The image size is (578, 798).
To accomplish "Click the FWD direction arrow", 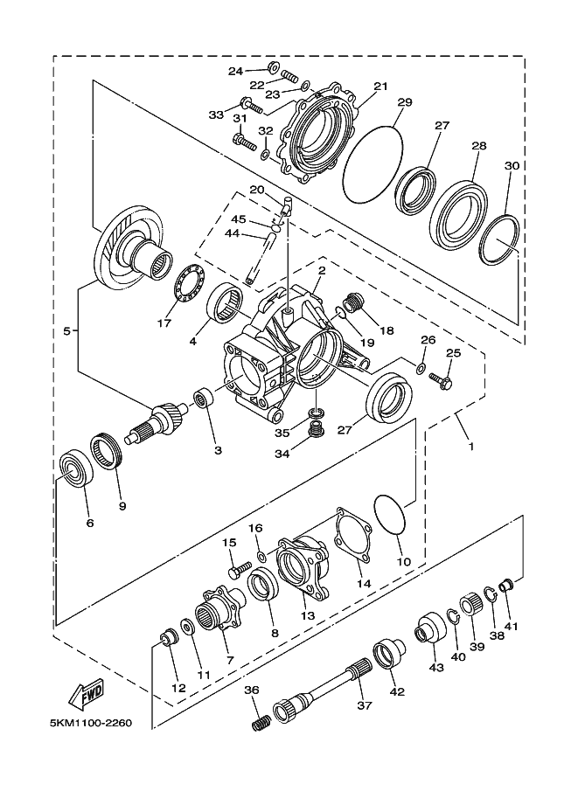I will pyautogui.click(x=89, y=697).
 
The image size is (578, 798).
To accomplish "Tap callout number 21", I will pyautogui.click(x=380, y=87).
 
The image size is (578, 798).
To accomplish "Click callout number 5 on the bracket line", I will pyautogui.click(x=66, y=330).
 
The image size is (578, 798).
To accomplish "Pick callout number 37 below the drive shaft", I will pyautogui.click(x=365, y=704).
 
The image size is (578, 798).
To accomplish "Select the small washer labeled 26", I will pyautogui.click(x=421, y=367).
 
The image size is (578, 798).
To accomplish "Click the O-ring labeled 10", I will pyautogui.click(x=390, y=517).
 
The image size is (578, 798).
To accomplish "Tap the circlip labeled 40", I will pyautogui.click(x=452, y=620).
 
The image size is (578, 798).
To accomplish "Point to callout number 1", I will pyautogui.click(x=470, y=445).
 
